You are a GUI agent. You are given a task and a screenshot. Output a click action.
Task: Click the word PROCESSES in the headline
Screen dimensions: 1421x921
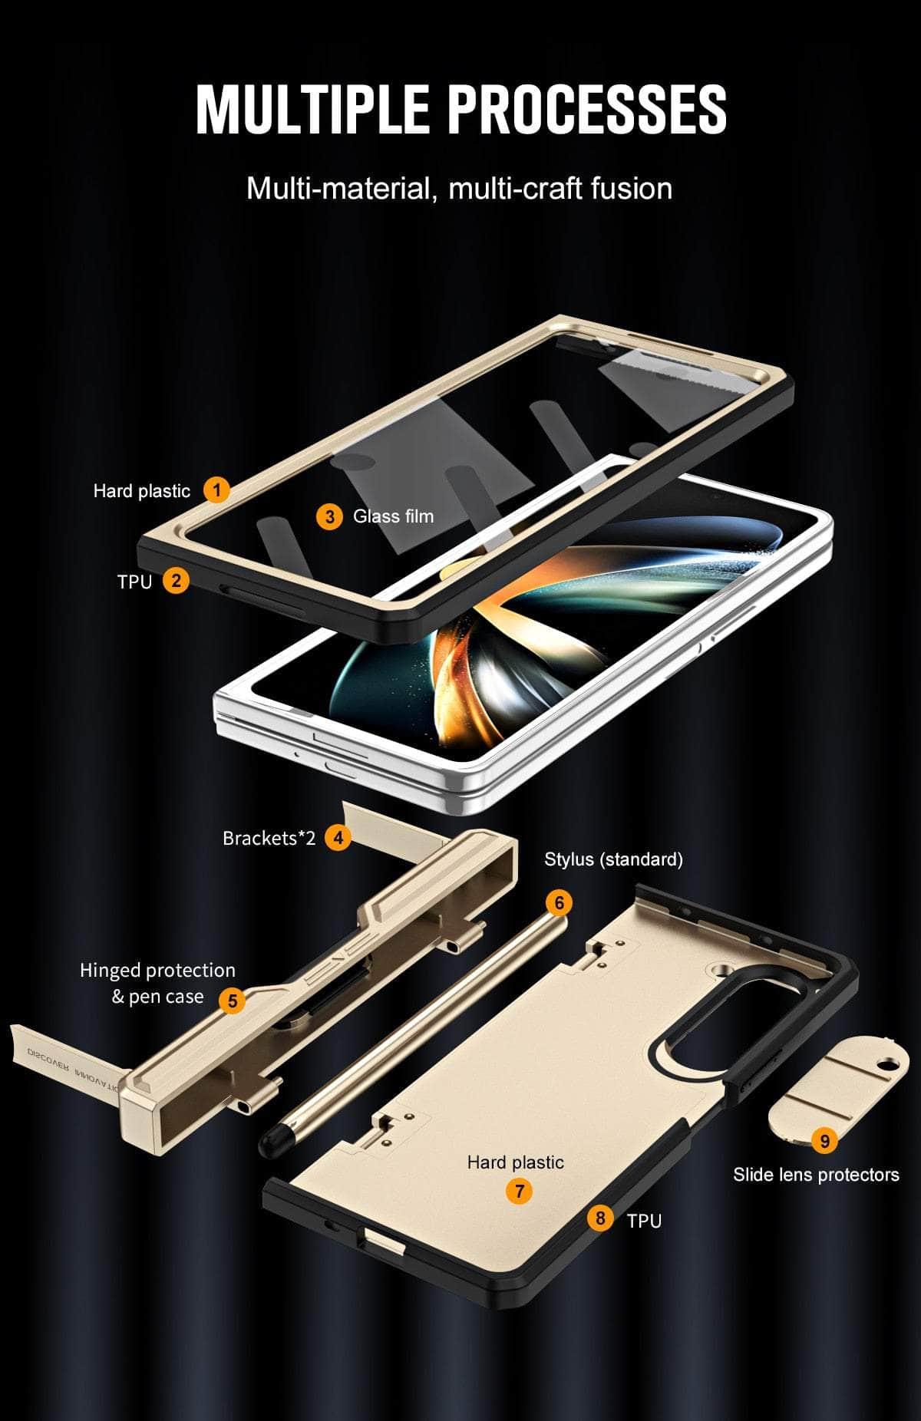tap(588, 110)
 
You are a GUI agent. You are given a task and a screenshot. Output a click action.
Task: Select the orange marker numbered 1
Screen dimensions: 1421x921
tap(216, 490)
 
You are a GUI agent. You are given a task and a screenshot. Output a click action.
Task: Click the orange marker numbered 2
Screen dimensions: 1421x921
tap(176, 580)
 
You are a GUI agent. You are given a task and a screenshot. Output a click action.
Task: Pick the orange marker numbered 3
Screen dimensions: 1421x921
tap(329, 516)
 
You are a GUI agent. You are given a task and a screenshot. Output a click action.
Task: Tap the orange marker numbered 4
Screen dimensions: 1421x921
tap(338, 837)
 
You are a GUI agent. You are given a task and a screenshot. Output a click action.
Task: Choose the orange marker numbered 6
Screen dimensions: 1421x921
tap(559, 902)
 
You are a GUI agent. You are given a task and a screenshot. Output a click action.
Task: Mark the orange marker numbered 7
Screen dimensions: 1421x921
tap(520, 1191)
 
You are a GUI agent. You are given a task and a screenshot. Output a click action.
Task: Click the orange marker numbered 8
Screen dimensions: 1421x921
tap(600, 1218)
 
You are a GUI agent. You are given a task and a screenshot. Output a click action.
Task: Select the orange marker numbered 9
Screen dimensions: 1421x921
tap(824, 1141)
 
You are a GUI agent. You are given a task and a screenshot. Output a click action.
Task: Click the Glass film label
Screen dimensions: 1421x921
tap(393, 516)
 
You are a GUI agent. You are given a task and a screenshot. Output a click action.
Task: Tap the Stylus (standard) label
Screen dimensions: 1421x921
tap(613, 859)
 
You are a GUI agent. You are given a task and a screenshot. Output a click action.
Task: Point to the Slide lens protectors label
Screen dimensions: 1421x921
tap(815, 1175)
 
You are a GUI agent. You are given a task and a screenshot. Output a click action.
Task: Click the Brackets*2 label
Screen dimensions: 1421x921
tap(269, 838)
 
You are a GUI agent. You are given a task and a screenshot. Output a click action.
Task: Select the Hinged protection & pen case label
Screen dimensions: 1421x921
tap(157, 983)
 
